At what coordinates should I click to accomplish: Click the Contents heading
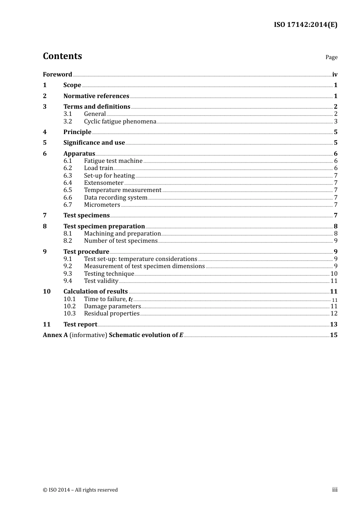point(62,56)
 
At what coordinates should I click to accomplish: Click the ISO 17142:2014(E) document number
point(305,25)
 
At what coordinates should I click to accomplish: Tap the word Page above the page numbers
point(331,57)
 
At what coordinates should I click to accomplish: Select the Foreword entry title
point(57,75)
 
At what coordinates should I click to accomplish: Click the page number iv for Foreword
point(335,75)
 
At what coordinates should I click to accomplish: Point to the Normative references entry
point(96,96)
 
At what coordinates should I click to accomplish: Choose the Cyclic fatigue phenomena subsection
point(120,122)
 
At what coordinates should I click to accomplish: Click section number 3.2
point(67,122)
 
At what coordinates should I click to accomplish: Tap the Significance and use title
point(94,143)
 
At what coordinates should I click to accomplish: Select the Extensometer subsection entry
point(104,183)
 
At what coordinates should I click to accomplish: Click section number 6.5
point(67,190)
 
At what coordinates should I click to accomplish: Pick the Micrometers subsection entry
point(102,205)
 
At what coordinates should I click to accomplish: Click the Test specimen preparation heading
point(104,226)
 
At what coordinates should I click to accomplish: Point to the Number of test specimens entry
point(121,241)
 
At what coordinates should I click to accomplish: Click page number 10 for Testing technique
point(334,274)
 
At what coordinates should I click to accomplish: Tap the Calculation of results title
point(95,292)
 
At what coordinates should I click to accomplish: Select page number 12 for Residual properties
point(334,314)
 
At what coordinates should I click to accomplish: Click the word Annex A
point(55,335)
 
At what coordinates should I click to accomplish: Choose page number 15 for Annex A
point(333,335)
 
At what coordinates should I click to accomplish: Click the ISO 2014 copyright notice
point(80,490)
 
